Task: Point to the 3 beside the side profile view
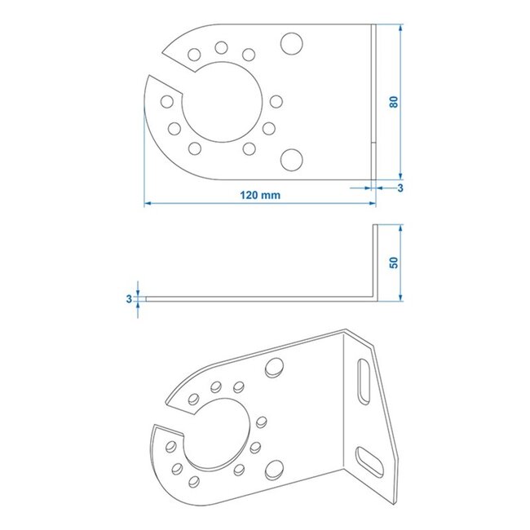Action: click(x=129, y=299)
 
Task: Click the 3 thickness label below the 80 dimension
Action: click(x=400, y=188)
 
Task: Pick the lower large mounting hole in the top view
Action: click(x=290, y=157)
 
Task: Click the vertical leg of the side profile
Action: click(x=376, y=261)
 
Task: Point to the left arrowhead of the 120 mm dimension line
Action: click(x=148, y=204)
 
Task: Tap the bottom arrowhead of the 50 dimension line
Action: click(x=401, y=298)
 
